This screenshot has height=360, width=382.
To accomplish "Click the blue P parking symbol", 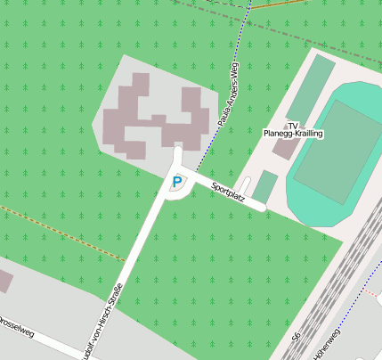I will tap(176, 182).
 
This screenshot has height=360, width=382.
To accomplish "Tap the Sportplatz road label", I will tap(228, 192).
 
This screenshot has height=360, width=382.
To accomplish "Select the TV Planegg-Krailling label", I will tap(293, 129).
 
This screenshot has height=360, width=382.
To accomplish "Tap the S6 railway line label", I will tap(296, 340).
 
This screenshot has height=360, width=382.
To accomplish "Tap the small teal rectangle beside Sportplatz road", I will tap(265, 186).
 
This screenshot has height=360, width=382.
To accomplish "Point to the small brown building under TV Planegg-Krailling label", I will tap(284, 147).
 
